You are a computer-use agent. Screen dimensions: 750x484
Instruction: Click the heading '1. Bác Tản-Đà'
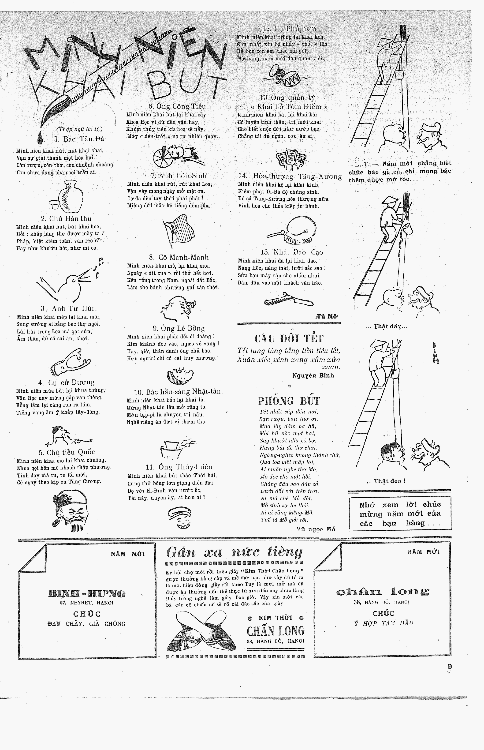coord(79,139)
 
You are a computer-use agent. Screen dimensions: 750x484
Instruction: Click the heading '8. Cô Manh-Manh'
coord(179,257)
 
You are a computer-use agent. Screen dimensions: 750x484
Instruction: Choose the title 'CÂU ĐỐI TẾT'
coord(289,338)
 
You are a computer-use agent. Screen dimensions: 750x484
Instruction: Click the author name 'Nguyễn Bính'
coord(313,375)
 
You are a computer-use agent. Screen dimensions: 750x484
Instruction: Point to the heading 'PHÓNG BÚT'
coord(289,401)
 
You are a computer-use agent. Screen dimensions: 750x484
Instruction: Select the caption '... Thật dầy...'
coord(386,326)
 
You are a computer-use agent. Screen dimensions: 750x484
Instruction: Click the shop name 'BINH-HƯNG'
coord(87,594)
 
